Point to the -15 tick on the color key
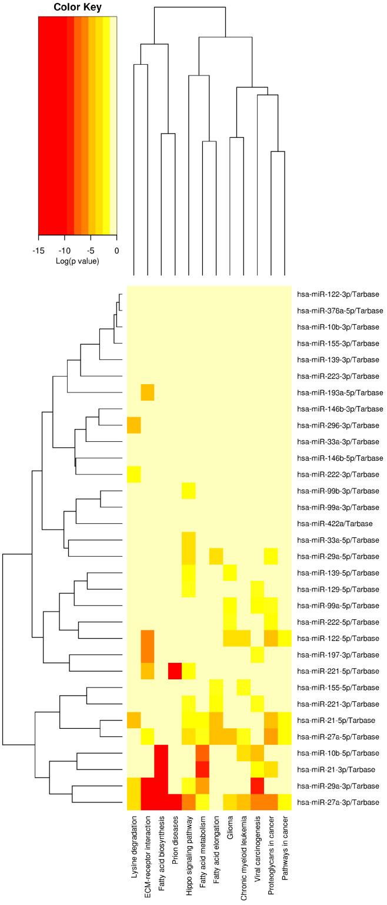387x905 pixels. click(x=39, y=250)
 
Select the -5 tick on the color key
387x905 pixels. click(x=91, y=250)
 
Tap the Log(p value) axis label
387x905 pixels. click(x=77, y=260)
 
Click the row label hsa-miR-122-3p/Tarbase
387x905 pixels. click(x=338, y=294)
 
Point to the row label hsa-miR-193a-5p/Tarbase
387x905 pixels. click(x=340, y=392)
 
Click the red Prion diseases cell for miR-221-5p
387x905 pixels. click(x=175, y=671)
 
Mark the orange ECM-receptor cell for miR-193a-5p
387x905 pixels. click(x=147, y=392)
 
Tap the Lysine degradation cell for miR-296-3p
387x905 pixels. click(x=134, y=425)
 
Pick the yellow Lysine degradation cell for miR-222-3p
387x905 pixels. click(x=134, y=474)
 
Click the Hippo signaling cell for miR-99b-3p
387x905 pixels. click(x=189, y=490)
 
